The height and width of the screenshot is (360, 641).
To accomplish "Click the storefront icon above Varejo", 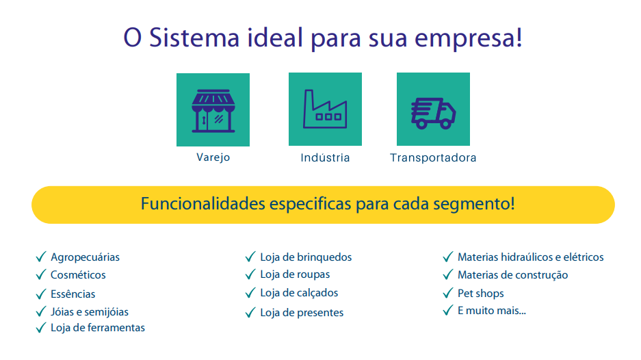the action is click(213, 110).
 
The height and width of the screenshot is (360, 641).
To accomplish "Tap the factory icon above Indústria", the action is click(325, 109).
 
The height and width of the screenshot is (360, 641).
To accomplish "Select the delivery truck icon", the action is click(433, 114).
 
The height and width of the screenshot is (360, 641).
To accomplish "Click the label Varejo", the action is click(213, 157).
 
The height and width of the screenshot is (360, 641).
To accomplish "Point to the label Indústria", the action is click(325, 157).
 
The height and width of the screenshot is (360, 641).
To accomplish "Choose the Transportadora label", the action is click(433, 157).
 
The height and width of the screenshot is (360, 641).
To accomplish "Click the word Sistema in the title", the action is click(194, 38).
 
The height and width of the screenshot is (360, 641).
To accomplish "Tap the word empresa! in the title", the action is click(469, 38).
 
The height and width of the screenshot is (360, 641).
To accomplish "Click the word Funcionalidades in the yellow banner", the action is click(202, 204).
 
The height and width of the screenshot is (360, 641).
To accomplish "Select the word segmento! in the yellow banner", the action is click(474, 204).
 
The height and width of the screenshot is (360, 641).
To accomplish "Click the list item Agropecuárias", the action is click(85, 257).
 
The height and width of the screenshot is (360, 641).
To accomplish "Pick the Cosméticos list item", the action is click(78, 275).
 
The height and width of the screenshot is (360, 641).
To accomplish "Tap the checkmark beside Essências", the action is click(41, 294).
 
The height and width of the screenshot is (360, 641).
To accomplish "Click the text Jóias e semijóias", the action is click(90, 311).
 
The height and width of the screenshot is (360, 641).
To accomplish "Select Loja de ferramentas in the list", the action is click(98, 328).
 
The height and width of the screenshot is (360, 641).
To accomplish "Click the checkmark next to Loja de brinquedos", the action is click(250, 257).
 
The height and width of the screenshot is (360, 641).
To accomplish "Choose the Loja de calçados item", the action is click(299, 293).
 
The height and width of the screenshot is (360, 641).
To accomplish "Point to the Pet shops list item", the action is click(481, 294).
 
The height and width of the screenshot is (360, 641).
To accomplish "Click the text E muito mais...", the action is click(492, 311).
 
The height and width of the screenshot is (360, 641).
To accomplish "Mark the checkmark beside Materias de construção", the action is click(448, 274).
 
